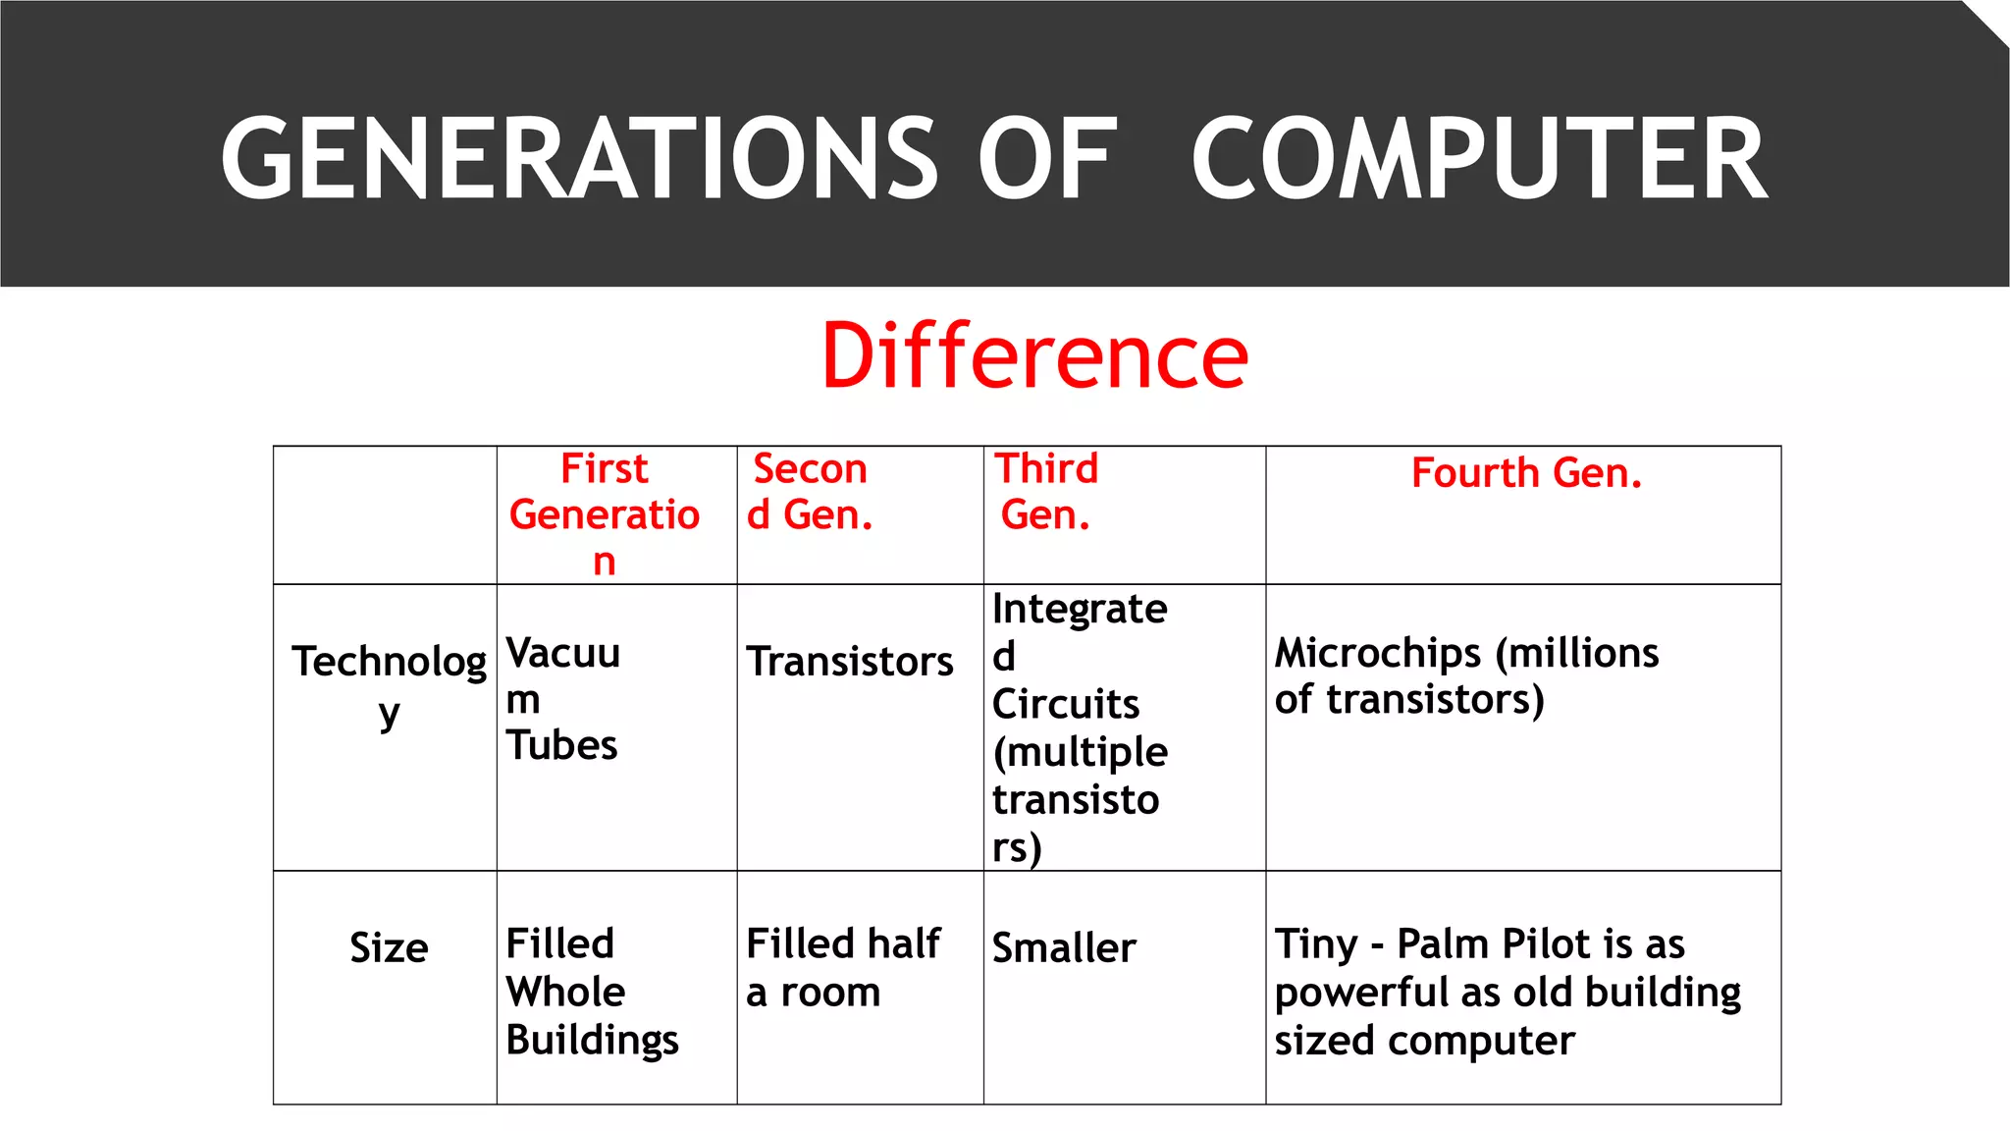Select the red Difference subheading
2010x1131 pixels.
pyautogui.click(x=1034, y=355)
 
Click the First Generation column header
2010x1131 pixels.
pyautogui.click(x=605, y=514)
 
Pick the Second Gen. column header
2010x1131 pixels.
pyautogui.click(x=810, y=492)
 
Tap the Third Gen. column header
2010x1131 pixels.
pyautogui.click(x=1046, y=492)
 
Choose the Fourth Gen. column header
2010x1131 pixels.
pyautogui.click(x=1526, y=473)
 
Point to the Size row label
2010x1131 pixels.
pyautogui.click(x=389, y=948)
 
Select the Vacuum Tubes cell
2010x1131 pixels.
pyautogui.click(x=562, y=699)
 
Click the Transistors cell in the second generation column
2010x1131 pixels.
pyautogui.click(x=850, y=662)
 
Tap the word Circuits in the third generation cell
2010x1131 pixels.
pyautogui.click(x=1066, y=704)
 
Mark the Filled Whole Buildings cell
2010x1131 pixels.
pyautogui.click(x=592, y=992)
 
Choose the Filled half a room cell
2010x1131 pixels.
pyautogui.click(x=842, y=968)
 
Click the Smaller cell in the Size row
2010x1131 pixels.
pyautogui.click(x=1064, y=948)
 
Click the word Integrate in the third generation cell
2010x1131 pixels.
pyautogui.click(x=1080, y=610)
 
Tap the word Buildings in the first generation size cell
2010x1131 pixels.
pyautogui.click(x=592, y=1041)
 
